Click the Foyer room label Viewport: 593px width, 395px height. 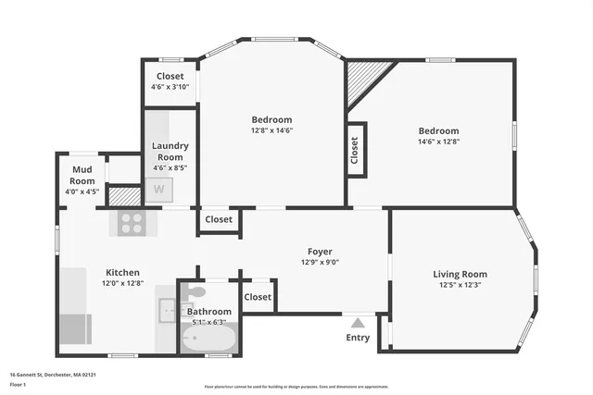(320, 252)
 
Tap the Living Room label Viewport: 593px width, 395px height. (460, 274)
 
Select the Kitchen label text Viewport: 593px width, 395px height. (122, 273)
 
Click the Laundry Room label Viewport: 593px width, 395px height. (170, 151)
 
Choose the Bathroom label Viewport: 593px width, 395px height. (209, 312)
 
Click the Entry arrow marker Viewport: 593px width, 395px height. (358, 323)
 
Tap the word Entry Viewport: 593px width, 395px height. (358, 338)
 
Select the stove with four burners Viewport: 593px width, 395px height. (132, 222)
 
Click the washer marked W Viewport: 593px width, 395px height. (158, 190)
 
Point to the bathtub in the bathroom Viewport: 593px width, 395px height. (208, 340)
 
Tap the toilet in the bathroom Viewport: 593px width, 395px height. (196, 293)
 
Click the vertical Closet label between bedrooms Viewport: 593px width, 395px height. (355, 151)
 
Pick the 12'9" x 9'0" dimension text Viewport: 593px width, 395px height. (320, 263)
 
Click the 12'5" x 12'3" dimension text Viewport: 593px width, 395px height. (460, 285)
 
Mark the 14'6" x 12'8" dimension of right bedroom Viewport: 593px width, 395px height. (438, 142)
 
